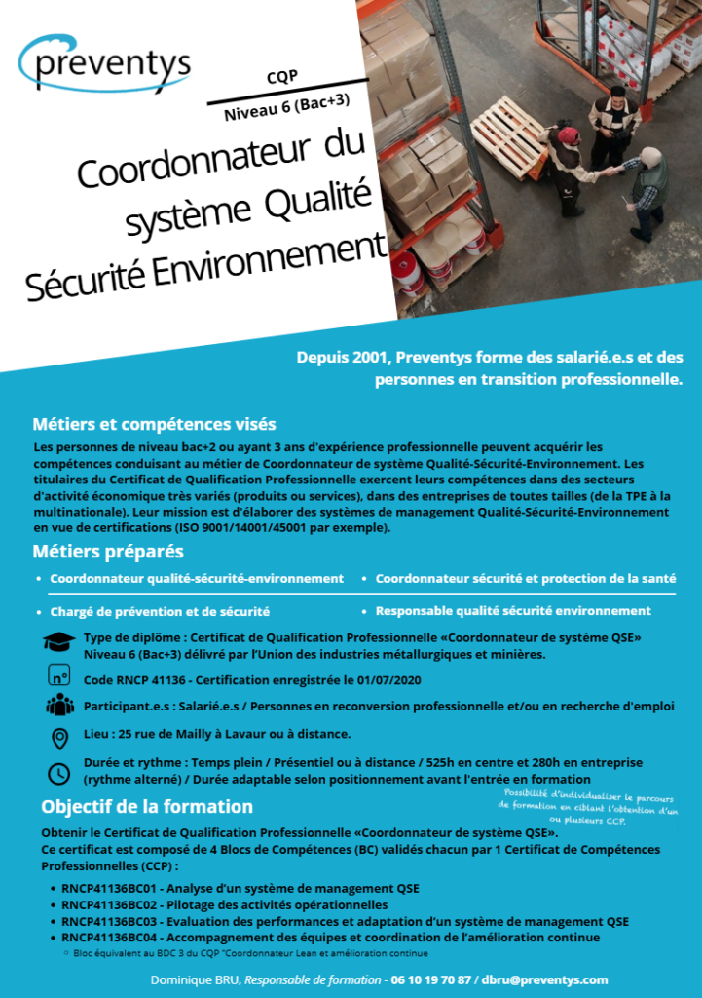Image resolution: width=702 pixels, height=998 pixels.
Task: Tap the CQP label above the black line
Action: coord(281,77)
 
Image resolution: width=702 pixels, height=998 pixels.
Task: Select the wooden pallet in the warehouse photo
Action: coord(509,135)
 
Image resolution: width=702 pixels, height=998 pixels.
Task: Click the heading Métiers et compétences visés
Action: coord(154,424)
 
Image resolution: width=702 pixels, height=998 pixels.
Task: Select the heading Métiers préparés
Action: coord(108,552)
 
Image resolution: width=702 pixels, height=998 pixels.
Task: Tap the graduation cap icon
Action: coord(58,641)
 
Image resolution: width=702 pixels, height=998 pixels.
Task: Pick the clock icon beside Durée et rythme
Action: coord(58,773)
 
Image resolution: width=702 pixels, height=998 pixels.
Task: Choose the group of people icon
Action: coord(58,705)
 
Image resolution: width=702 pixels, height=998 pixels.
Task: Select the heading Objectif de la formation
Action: coord(147,807)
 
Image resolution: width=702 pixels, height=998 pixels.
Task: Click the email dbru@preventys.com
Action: coord(544,979)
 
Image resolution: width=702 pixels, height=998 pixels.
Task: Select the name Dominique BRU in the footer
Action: coord(195,979)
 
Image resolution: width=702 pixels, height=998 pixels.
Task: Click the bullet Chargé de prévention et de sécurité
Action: coord(160,612)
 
